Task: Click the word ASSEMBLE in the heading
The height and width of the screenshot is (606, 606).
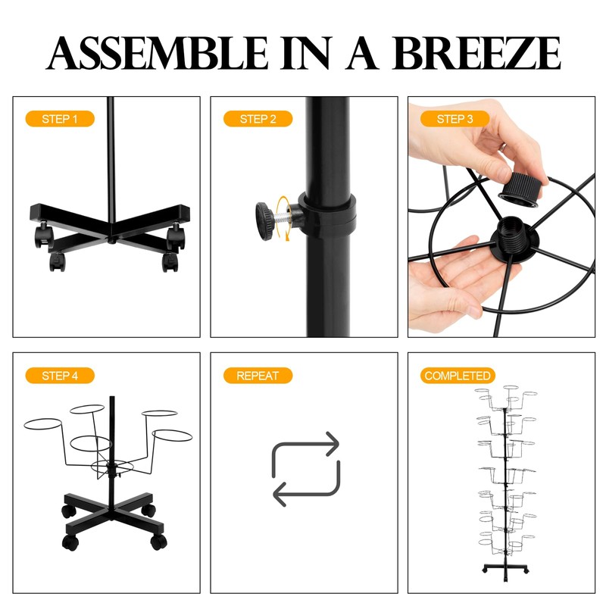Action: tap(157, 53)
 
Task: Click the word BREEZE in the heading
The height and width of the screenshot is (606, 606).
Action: tap(476, 53)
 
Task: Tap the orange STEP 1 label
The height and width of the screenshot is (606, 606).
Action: tap(60, 119)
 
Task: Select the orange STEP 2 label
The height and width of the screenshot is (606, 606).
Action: tap(258, 119)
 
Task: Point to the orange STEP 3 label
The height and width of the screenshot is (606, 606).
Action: tap(455, 119)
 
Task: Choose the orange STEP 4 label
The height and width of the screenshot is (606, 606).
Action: tap(60, 375)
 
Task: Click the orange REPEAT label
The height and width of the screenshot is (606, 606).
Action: tap(258, 375)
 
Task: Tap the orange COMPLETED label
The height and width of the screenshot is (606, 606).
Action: tap(458, 375)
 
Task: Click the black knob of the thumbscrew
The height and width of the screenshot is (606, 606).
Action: tap(265, 221)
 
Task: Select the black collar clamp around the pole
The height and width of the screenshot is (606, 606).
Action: tap(328, 216)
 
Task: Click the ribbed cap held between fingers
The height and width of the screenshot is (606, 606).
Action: tap(520, 188)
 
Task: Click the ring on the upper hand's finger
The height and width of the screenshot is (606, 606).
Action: tap(502, 147)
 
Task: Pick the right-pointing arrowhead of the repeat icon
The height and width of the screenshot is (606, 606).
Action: tap(333, 444)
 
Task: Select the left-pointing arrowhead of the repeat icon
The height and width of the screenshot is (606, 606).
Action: tap(280, 495)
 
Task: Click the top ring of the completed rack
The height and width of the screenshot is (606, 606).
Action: tap(511, 387)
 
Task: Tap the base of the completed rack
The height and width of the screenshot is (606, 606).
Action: tap(506, 570)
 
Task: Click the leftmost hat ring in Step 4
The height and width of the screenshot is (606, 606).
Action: tap(42, 424)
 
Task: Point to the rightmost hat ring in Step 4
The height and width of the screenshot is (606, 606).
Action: tap(172, 436)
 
